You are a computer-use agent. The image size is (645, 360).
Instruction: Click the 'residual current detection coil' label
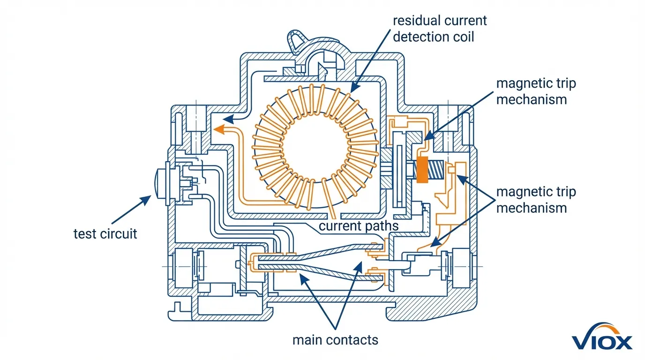tap(440, 28)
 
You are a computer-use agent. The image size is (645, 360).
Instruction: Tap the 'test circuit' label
tap(105, 233)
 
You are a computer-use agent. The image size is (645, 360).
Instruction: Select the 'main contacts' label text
tap(335, 339)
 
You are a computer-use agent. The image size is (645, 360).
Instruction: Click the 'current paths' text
tap(359, 226)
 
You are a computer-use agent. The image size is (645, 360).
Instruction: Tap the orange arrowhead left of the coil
tap(218, 129)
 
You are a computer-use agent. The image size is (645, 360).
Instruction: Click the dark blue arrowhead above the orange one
tap(229, 118)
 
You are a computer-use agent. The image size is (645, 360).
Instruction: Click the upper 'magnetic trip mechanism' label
tap(536, 91)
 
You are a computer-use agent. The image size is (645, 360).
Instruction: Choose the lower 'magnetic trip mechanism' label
tap(536, 200)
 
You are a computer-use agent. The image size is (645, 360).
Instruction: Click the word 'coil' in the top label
tap(461, 36)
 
